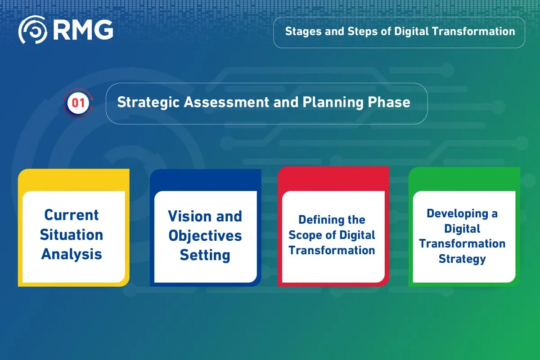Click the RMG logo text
pos(83,30)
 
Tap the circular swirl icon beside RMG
pos(33,30)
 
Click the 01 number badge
pos(78,103)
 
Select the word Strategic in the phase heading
pos(148,103)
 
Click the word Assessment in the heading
pos(226,102)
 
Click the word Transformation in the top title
pos(473,31)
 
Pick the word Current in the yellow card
pos(72,215)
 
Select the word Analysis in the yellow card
pos(72,255)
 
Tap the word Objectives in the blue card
pos(205,236)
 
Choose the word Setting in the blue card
pos(205,256)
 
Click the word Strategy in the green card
pos(462,259)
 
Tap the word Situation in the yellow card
pos(72,234)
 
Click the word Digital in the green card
pos(462,229)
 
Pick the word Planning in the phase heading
pos(333,103)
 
